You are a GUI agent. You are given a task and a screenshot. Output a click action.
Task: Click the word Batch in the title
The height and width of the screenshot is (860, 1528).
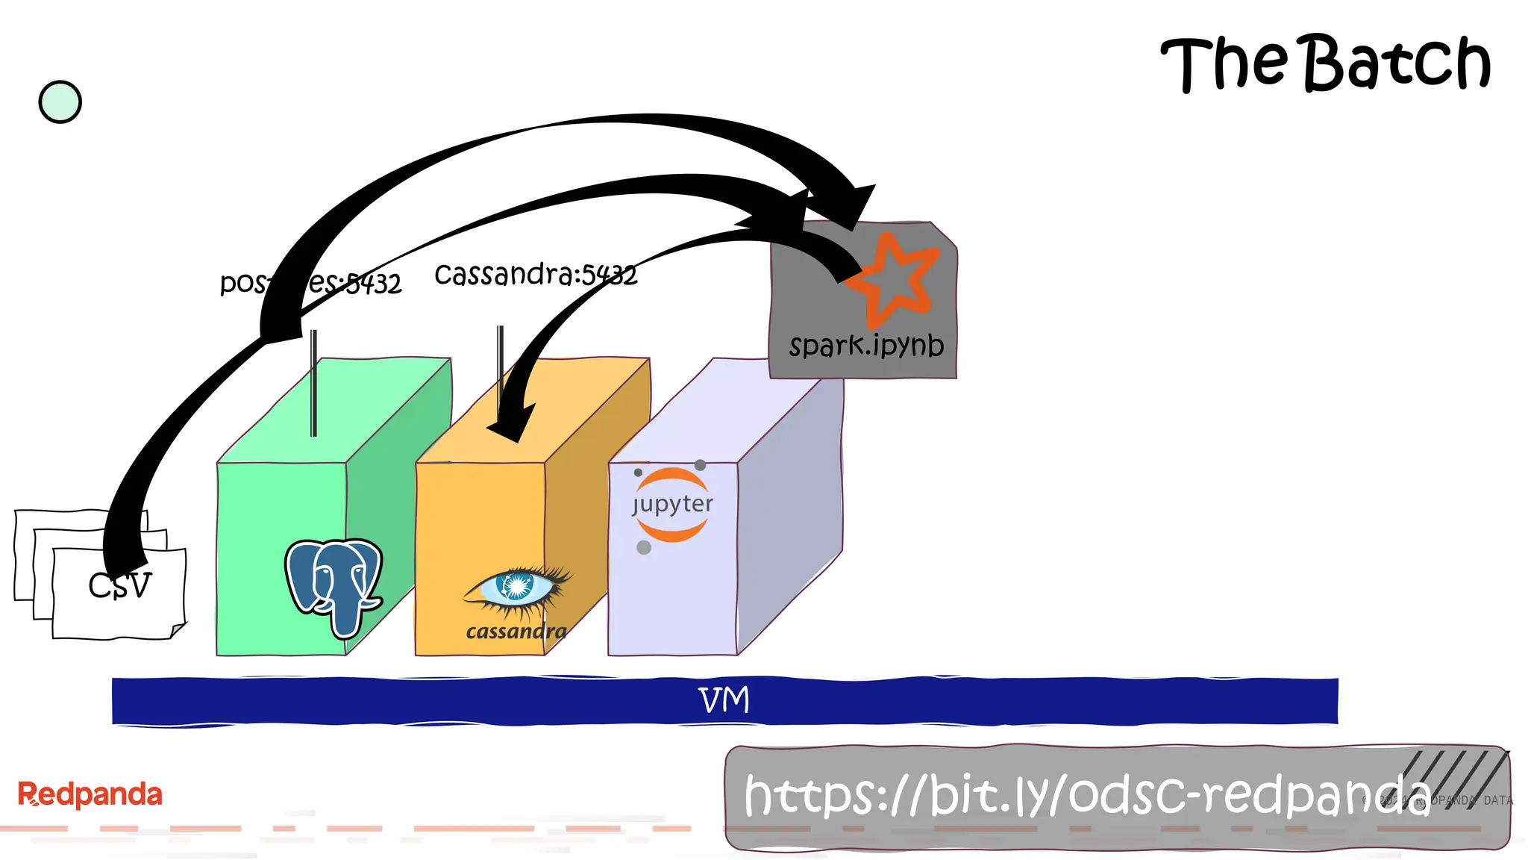[1397, 63]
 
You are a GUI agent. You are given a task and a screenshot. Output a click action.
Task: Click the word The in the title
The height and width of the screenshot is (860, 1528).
[1224, 64]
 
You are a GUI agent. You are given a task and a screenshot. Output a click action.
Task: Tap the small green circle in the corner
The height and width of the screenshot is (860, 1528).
[60, 102]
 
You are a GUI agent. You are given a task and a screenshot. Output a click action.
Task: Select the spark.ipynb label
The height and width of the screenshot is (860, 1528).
[866, 346]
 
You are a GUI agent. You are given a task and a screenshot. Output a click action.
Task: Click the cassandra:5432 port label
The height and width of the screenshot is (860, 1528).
[536, 275]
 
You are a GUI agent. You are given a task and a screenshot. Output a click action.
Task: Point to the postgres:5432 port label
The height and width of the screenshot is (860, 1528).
[310, 283]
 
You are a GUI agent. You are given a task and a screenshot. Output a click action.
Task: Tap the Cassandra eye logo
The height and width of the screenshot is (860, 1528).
[517, 588]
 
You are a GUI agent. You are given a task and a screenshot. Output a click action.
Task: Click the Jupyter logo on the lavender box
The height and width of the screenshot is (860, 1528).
[671, 505]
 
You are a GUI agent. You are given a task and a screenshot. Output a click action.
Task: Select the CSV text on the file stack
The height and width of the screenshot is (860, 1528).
[119, 585]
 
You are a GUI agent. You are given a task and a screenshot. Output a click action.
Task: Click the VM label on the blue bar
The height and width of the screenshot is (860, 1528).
[724, 700]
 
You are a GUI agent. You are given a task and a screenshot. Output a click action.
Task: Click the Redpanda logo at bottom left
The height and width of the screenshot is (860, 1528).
[90, 794]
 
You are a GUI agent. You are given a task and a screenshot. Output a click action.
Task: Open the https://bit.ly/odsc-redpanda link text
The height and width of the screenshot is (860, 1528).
[1086, 796]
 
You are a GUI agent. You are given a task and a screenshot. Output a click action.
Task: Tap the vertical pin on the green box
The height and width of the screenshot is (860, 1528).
[314, 382]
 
